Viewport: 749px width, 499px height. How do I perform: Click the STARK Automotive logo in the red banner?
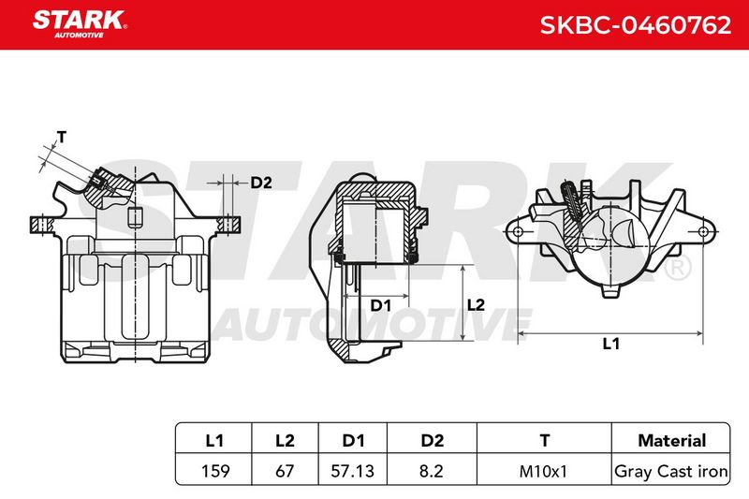coord(80,24)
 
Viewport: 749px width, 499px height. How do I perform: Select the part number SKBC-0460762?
coord(636,25)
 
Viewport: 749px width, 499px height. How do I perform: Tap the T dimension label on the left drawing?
coord(61,138)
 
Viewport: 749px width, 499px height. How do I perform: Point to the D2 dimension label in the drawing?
coord(261,183)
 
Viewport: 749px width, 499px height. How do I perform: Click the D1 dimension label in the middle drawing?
coord(380,305)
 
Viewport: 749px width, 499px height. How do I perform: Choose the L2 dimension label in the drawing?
coord(476,304)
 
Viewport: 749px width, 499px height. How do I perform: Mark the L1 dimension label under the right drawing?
coord(611,344)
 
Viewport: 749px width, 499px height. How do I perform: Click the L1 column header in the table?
coord(214,440)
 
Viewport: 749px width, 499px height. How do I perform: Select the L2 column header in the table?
coord(285,440)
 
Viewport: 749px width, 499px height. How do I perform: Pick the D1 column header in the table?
coord(354,440)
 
